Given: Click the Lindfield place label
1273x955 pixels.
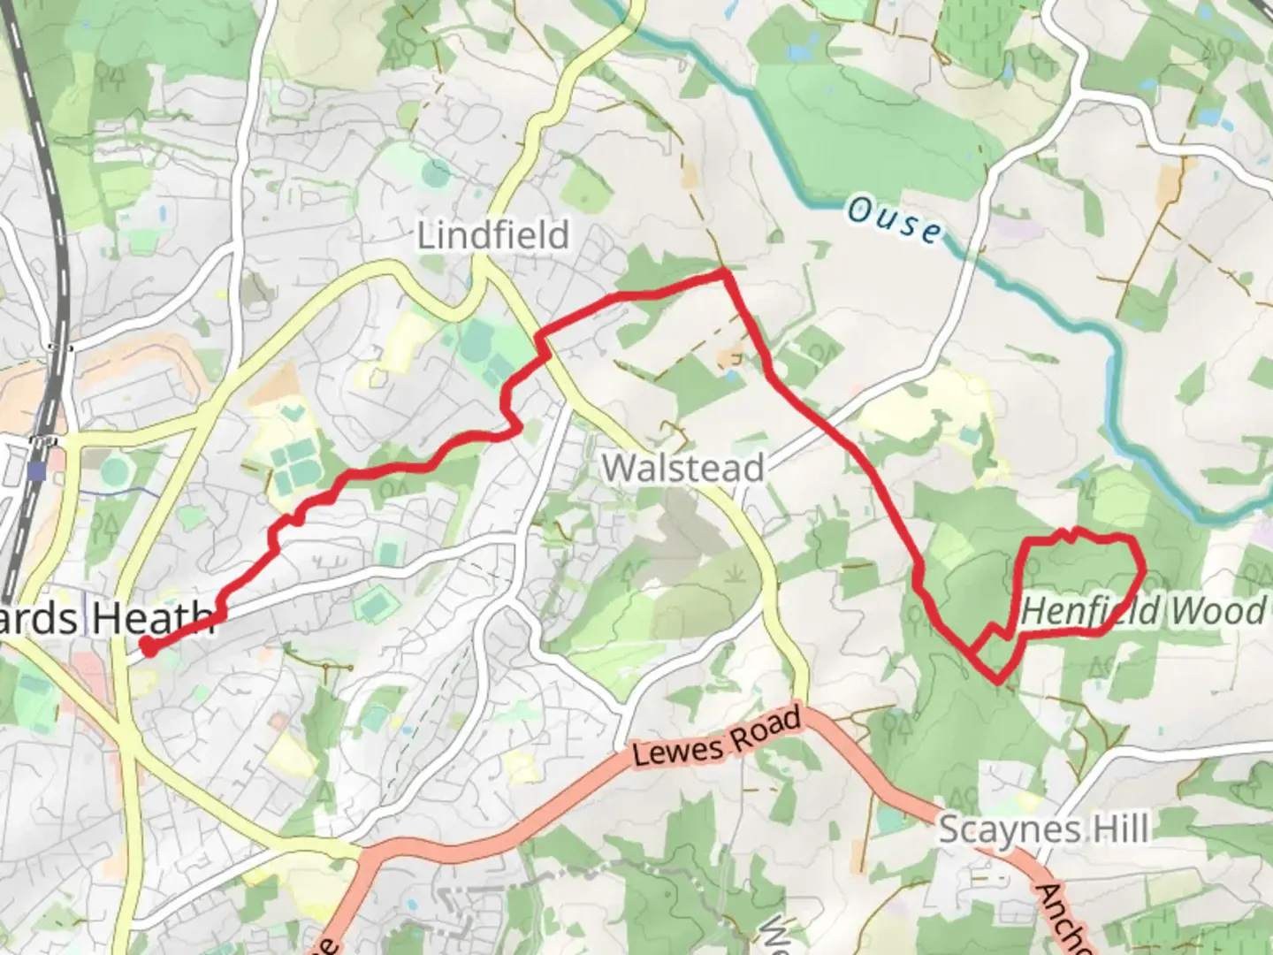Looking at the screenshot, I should click(493, 236).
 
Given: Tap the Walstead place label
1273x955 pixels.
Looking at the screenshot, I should click(682, 468).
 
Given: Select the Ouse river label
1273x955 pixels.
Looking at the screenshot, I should click(896, 220).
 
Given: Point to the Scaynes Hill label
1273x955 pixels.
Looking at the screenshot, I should click(1043, 829).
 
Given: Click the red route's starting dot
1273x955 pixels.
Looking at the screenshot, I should click(149, 647).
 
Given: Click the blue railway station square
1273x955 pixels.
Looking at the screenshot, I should click(36, 470).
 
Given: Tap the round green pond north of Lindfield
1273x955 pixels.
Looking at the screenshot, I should click(435, 172).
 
